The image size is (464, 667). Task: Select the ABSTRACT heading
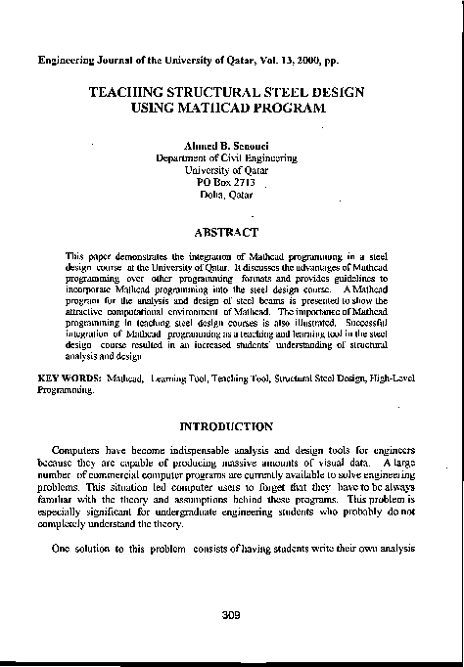227,233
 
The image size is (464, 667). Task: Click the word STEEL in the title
293,91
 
